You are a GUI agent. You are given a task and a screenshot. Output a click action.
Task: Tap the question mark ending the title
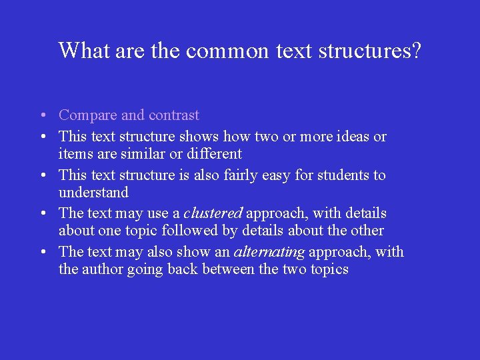416,51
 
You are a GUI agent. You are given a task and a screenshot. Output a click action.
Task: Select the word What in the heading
85,51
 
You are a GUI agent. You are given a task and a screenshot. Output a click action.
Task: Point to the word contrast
173,115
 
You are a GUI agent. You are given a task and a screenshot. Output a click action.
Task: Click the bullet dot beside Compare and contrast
42,116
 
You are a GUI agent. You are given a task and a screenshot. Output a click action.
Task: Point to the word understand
93,193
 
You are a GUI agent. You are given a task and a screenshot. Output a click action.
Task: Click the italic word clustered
213,213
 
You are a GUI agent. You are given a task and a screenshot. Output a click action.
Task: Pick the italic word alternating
269,252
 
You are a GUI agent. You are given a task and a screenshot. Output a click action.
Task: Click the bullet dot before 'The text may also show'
42,253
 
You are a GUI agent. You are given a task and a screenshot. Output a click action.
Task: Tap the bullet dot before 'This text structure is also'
42,176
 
